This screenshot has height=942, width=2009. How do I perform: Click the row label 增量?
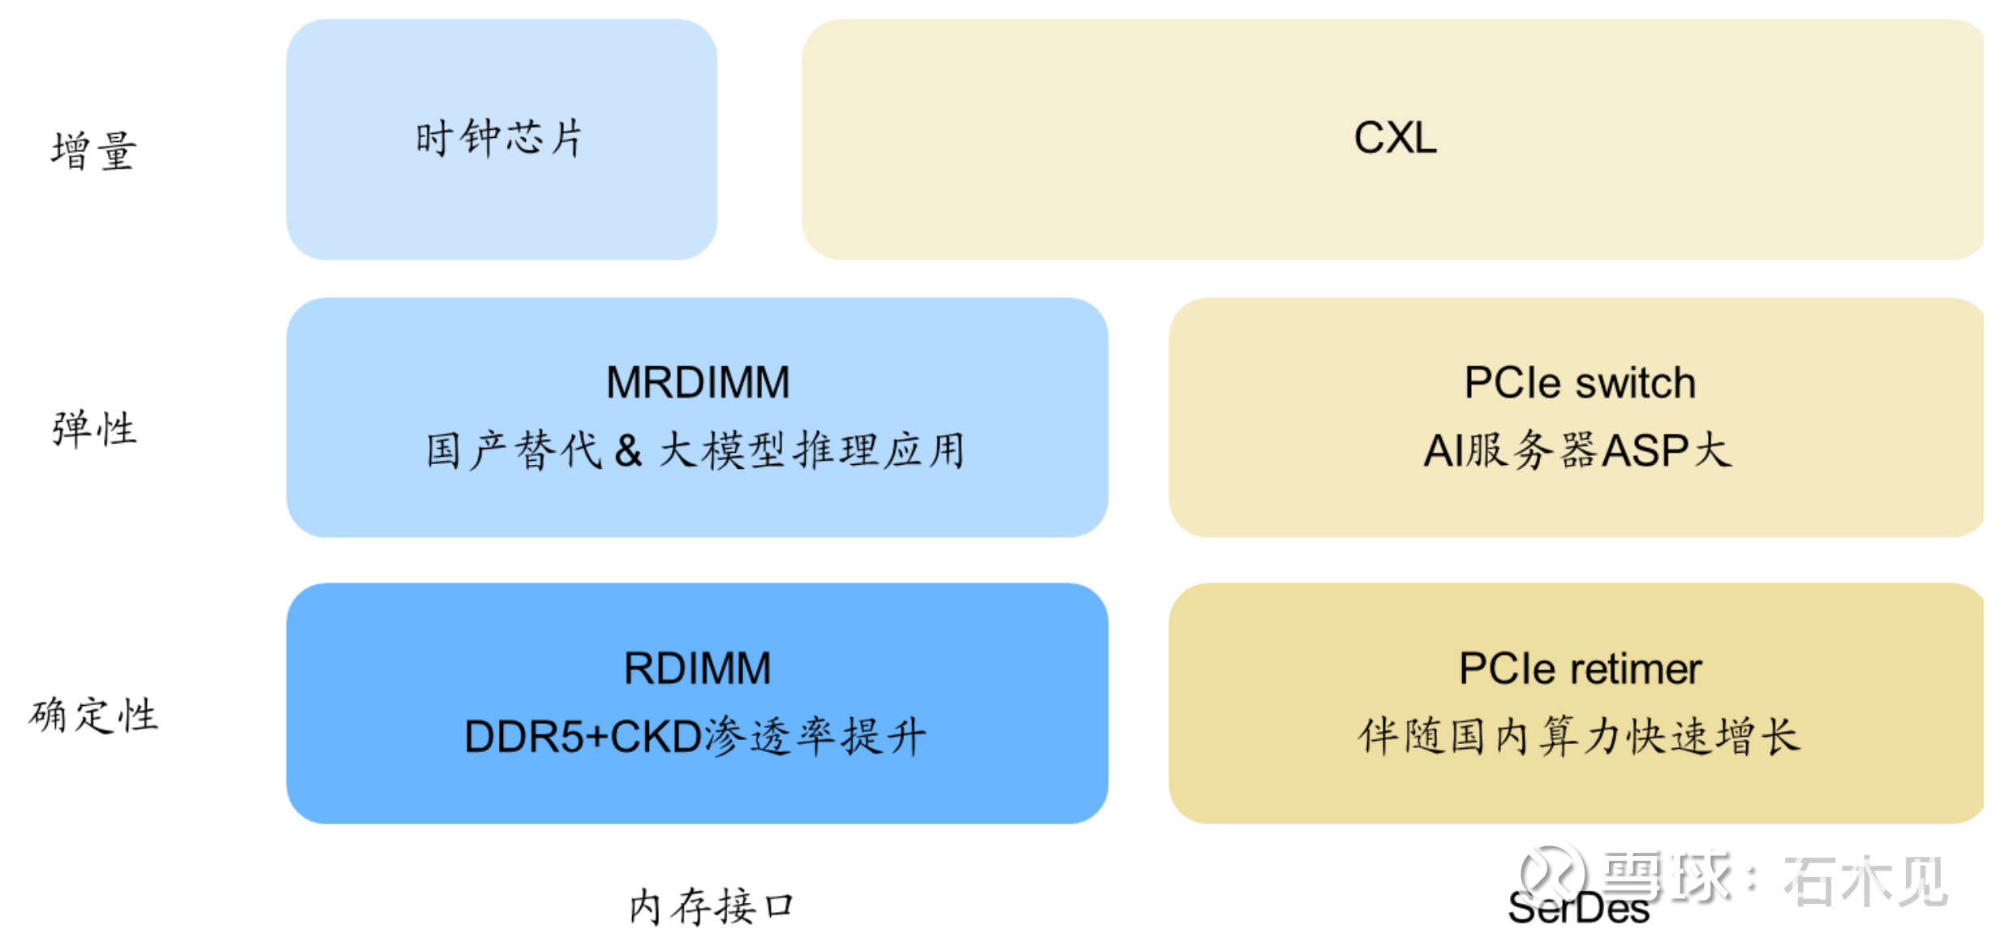[x=93, y=151]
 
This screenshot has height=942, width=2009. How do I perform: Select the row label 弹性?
[x=94, y=428]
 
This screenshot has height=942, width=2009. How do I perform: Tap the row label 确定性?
[x=93, y=715]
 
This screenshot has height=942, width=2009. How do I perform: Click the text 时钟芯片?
[x=499, y=138]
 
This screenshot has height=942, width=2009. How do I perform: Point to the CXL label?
[x=1395, y=138]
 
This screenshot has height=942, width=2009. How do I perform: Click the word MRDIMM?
[x=697, y=382]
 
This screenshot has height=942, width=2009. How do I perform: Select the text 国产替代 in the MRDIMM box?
[x=514, y=450]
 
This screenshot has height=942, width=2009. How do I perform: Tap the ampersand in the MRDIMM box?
[x=628, y=450]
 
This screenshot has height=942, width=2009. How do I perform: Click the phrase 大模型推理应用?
[x=811, y=450]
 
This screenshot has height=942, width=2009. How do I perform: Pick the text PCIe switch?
[x=1579, y=382]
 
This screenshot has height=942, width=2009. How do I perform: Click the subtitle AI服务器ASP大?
[x=1577, y=450]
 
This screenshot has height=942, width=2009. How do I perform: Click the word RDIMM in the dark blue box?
[x=697, y=669]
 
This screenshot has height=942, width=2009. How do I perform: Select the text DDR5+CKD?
[x=583, y=737]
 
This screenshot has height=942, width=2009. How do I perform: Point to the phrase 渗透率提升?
[x=815, y=737]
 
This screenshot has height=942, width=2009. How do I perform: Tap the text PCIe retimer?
[x=1579, y=669]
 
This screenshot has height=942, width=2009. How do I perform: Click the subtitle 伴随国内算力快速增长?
[x=1579, y=737]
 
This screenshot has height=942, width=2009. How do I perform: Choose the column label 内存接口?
[x=712, y=906]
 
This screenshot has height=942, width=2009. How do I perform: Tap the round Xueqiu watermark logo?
[x=1552, y=875]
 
